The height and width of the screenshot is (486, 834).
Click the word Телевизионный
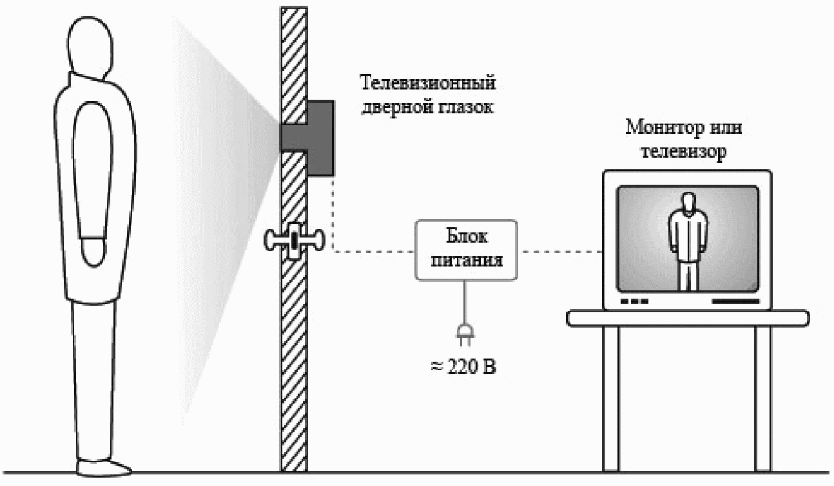tap(428, 83)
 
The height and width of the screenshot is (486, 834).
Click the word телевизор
tap(684, 152)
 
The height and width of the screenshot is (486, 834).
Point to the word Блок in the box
tap(467, 236)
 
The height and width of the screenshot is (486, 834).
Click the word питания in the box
tap(467, 260)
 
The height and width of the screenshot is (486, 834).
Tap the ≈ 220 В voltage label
tap(463, 367)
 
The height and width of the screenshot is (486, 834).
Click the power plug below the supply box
tap(465, 334)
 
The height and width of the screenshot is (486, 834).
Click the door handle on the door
tap(294, 240)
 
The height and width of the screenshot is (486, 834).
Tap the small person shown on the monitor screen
tap(687, 241)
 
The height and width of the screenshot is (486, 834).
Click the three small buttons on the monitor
tap(634, 301)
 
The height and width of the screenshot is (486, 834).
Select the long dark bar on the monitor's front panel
tap(735, 301)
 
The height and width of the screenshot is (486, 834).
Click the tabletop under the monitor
tap(688, 318)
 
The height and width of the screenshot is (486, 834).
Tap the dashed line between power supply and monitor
tap(560, 252)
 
